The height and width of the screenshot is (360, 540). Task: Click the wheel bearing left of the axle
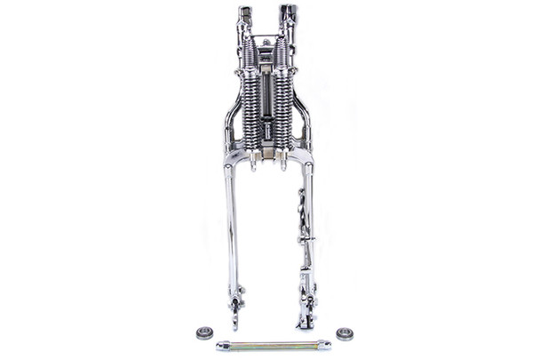point(203,333)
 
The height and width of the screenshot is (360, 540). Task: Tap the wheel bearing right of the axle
point(344,334)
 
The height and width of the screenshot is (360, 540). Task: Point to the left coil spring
point(250,102)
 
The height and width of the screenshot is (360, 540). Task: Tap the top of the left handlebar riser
point(245,12)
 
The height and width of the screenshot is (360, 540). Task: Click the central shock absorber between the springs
point(266,107)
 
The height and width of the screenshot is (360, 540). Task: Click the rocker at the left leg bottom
point(235,307)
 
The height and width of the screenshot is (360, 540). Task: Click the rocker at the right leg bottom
point(305,307)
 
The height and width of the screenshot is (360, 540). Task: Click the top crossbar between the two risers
point(266,40)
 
